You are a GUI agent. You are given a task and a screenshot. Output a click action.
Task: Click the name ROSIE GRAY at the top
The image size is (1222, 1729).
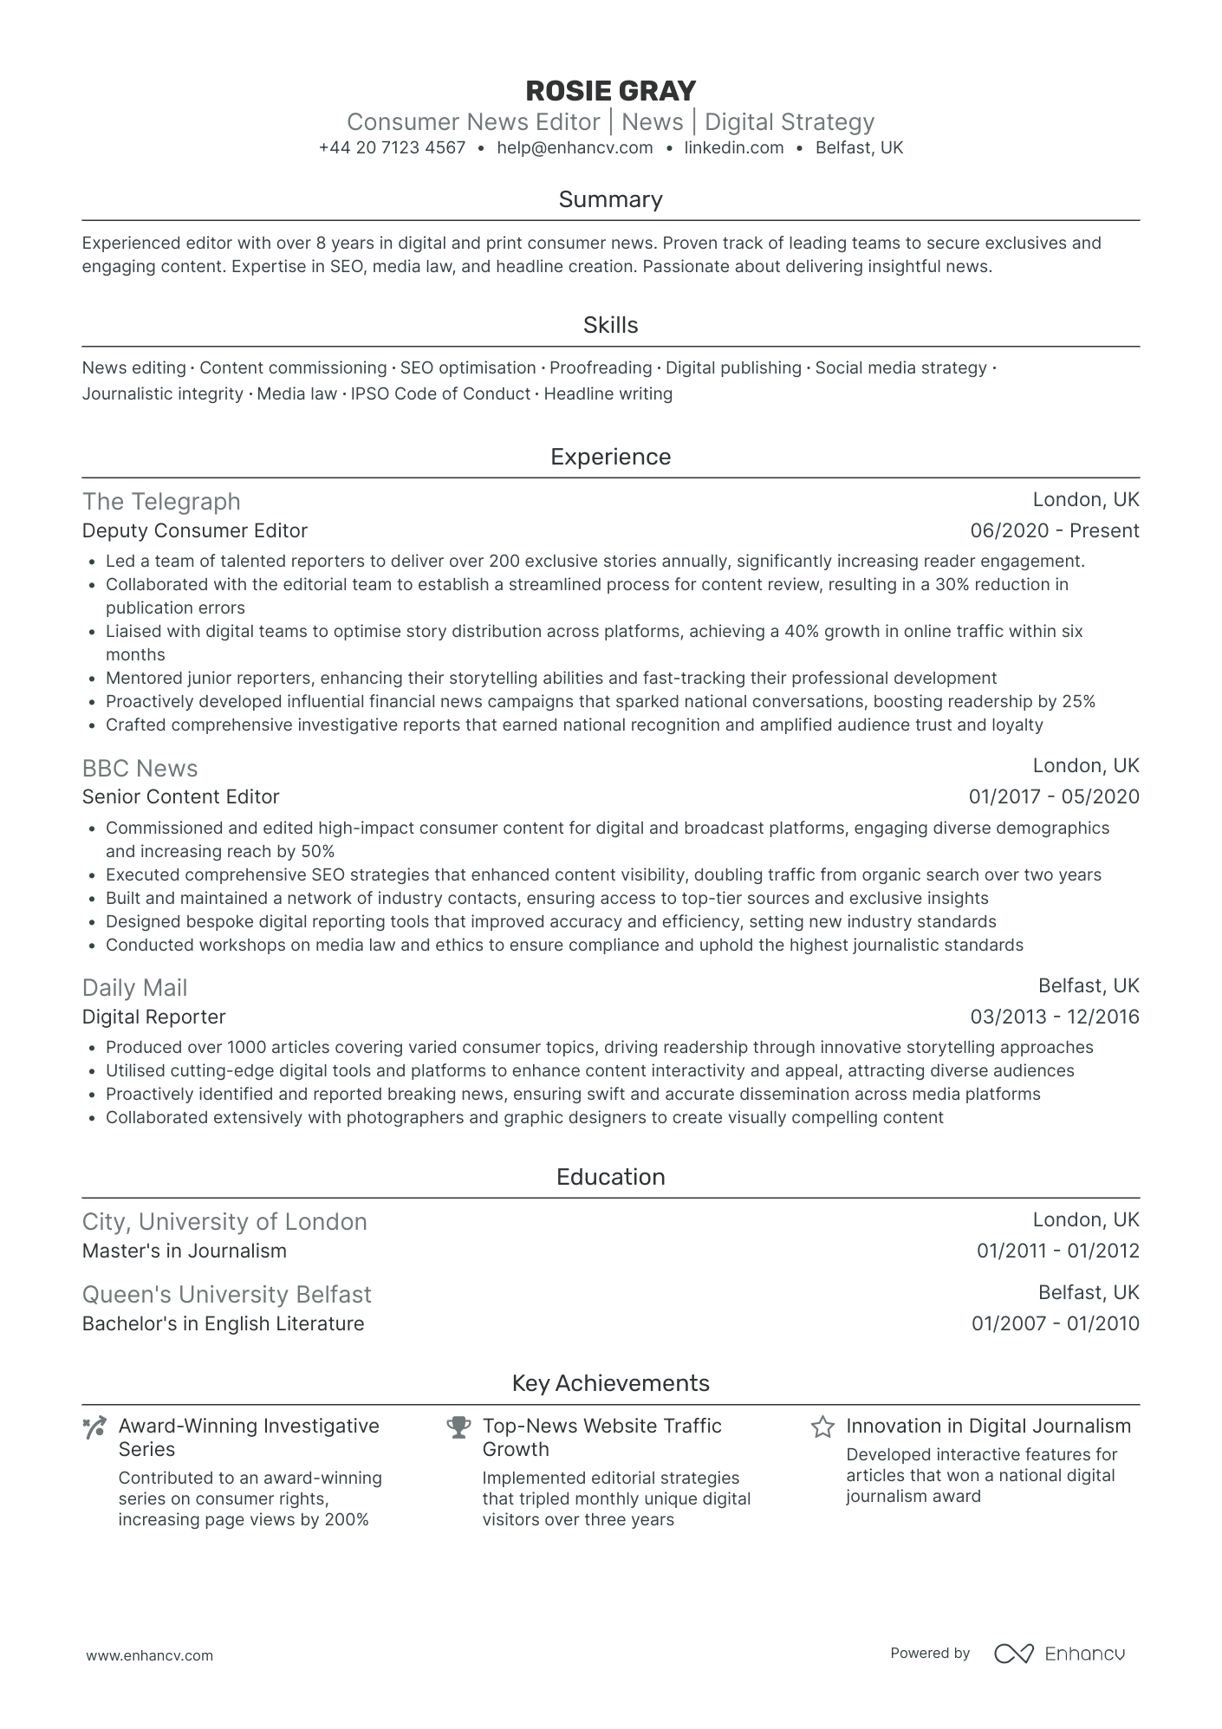(x=610, y=91)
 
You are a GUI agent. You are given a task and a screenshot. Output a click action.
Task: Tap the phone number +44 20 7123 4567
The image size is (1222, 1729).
(x=392, y=148)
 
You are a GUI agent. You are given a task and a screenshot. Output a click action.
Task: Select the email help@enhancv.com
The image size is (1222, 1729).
(x=575, y=148)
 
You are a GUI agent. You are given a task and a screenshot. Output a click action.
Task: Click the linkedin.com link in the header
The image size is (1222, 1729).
(x=733, y=148)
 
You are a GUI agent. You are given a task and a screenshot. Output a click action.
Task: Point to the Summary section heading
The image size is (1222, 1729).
(x=610, y=199)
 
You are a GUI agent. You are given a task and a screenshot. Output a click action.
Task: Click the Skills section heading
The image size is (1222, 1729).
(x=610, y=325)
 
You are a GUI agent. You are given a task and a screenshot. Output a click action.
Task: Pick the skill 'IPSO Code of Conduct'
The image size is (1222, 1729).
(x=440, y=394)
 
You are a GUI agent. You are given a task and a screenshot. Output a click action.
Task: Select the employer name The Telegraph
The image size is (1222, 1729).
(x=161, y=502)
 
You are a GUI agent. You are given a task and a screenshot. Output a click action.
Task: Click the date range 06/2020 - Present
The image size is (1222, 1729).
(x=1055, y=531)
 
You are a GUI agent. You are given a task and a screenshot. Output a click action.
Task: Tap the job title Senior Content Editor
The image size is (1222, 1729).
(x=181, y=797)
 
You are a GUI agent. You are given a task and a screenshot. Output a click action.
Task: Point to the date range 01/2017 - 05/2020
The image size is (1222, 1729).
(x=1054, y=797)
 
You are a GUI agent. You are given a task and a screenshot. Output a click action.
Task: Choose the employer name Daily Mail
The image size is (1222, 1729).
(x=134, y=988)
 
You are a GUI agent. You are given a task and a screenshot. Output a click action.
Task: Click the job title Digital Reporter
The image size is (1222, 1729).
(x=154, y=1017)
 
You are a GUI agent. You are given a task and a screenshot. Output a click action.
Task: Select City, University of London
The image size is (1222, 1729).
(x=224, y=1222)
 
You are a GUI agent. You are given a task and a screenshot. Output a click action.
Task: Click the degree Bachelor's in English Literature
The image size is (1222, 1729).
(x=224, y=1324)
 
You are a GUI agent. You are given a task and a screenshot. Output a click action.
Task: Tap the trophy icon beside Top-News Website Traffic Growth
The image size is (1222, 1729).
(x=458, y=1427)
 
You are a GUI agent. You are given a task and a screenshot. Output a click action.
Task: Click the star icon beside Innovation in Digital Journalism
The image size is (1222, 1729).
(x=822, y=1427)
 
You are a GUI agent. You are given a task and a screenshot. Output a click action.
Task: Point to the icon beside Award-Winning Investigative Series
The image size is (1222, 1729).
(x=94, y=1427)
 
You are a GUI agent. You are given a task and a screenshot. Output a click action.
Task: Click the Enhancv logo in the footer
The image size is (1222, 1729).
(x=1059, y=1654)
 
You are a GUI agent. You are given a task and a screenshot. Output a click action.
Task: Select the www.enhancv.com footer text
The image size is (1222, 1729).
(x=149, y=1655)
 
